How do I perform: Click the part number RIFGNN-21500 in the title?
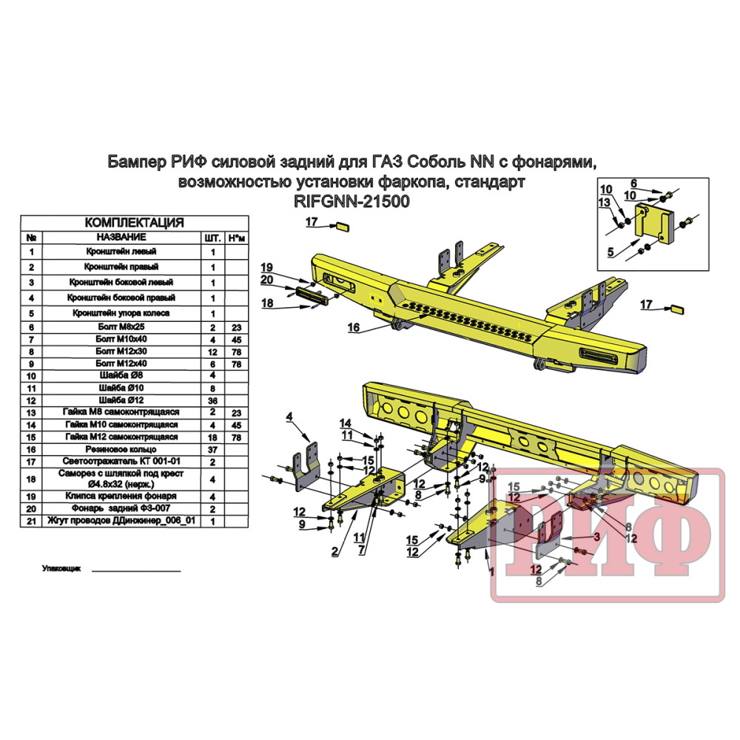pos(351,201)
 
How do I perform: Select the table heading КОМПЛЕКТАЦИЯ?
pos(134,223)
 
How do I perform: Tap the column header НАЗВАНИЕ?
pos(121,237)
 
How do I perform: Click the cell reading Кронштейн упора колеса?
pos(121,313)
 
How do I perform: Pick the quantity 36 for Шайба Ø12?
pos(212,400)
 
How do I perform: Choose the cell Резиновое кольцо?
pos(121,449)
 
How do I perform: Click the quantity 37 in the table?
pos(212,450)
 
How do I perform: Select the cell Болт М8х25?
pos(121,326)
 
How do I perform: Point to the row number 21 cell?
pos(31,521)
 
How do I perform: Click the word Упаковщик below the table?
pos(61,568)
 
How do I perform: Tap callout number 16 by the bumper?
pos(354,327)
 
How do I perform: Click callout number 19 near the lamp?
pos(266,268)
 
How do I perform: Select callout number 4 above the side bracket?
pos(289,417)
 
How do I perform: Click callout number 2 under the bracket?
pos(334,551)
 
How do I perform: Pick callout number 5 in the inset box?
pos(610,252)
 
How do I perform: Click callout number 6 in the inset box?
pos(634,184)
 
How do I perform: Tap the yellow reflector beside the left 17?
pos(342,227)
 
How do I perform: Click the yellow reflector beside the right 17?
pos(677,309)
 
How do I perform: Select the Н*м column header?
pos(237,238)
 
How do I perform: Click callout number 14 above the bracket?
pos(346,423)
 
